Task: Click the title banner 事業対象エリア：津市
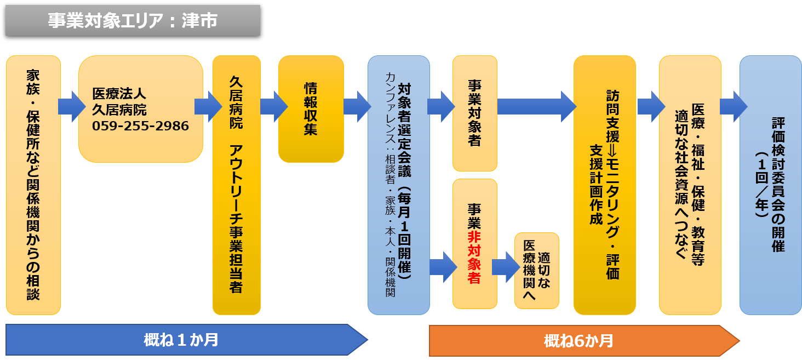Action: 133,20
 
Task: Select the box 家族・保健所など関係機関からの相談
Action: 33,185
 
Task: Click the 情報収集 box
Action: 311,109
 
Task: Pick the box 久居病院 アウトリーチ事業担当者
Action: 236,185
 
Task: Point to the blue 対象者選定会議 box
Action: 398,185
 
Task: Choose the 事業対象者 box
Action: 474,113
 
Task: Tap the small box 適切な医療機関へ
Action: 537,271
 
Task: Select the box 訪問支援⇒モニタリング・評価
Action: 605,185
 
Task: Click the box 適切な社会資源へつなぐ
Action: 690,185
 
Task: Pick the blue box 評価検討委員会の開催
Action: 770,185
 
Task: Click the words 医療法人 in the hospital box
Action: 119,93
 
